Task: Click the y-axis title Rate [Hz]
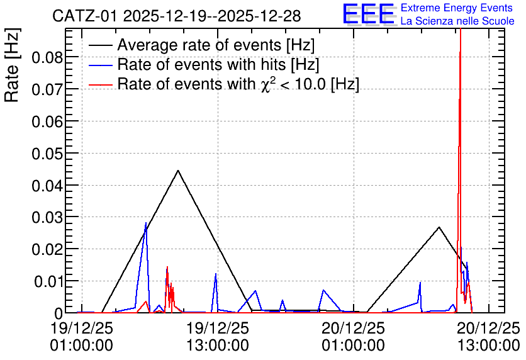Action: click(12, 65)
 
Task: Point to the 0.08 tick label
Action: click(47, 58)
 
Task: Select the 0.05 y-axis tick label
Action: click(47, 154)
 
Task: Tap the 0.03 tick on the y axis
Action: click(47, 218)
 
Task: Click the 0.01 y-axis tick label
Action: click(48, 282)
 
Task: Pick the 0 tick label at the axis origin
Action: click(59, 313)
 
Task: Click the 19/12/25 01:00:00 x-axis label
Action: click(82, 337)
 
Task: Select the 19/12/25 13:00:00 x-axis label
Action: click(218, 337)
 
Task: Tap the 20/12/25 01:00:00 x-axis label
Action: click(353, 337)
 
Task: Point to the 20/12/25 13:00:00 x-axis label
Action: click(489, 337)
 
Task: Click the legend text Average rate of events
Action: click(199, 45)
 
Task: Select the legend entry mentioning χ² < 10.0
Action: click(238, 84)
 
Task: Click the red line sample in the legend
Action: click(100, 85)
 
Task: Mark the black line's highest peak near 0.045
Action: click(178, 171)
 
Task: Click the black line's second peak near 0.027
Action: click(439, 227)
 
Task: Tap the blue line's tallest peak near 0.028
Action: click(146, 223)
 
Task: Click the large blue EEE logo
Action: click(368, 14)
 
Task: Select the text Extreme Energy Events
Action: click(457, 8)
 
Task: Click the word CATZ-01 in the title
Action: click(84, 16)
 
